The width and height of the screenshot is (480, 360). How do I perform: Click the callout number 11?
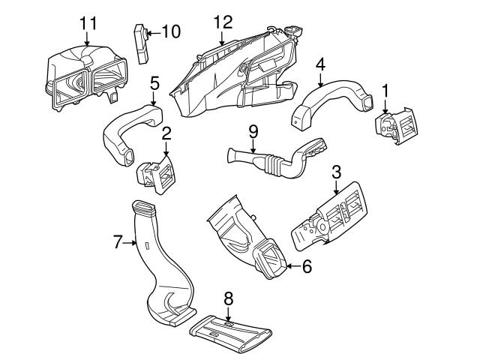(x=88, y=22)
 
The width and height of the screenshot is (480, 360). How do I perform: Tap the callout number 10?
(x=171, y=31)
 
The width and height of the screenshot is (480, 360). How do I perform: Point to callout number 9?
(x=253, y=131)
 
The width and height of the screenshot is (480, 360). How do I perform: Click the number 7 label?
(x=117, y=241)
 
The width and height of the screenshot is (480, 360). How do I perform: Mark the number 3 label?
(x=337, y=172)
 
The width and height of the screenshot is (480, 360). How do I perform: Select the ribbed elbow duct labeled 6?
(x=244, y=238)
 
